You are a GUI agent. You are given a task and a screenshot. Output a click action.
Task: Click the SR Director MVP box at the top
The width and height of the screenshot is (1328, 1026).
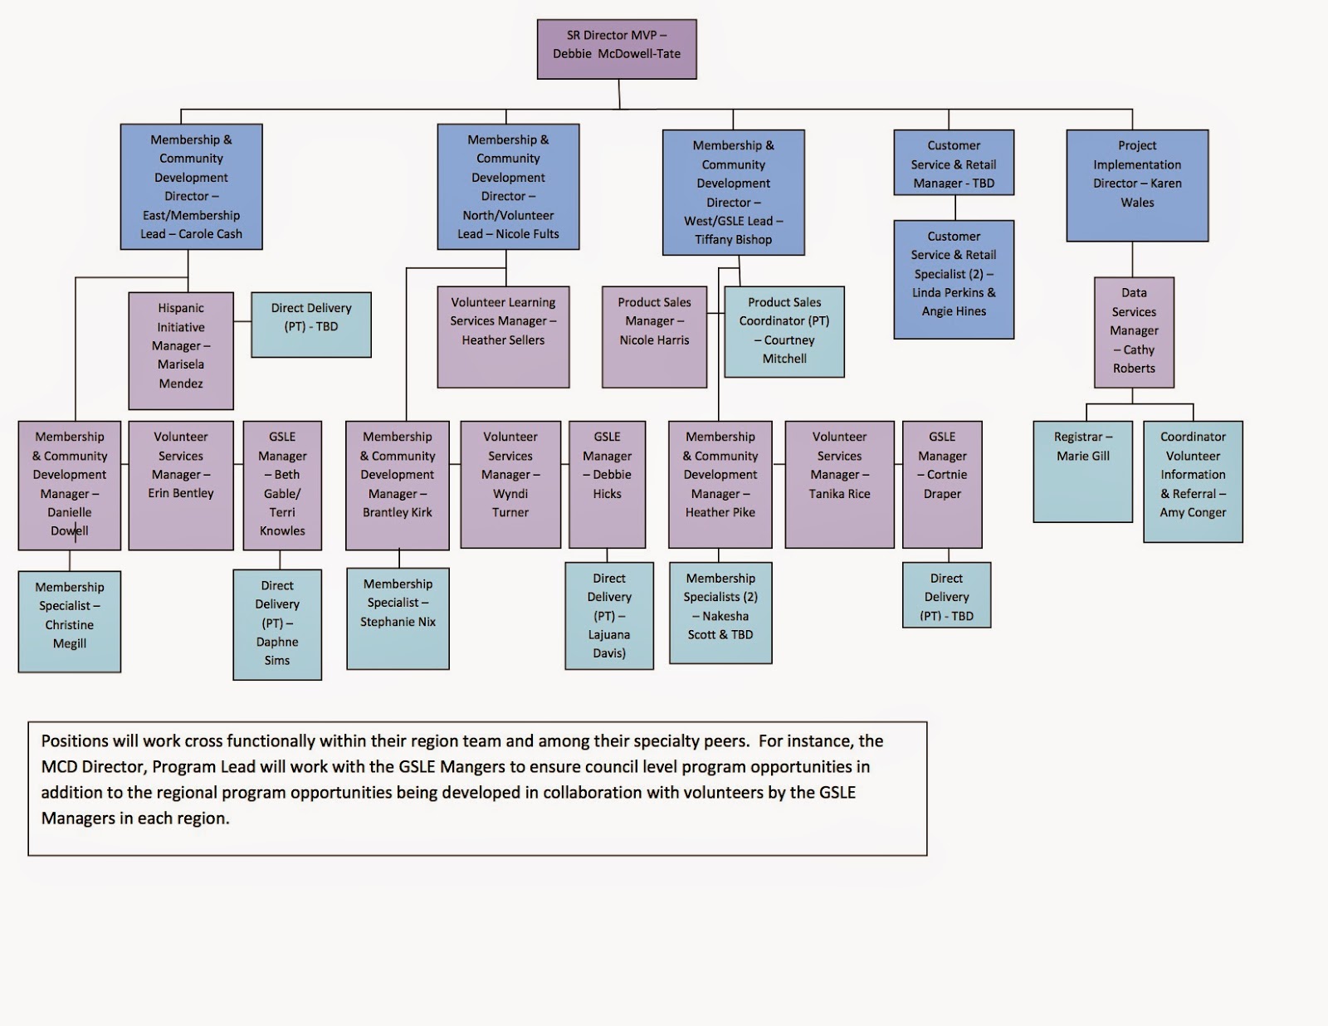pyautogui.click(x=617, y=49)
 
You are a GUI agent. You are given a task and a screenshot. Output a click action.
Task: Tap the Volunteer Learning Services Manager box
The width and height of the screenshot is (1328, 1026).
pyautogui.click(x=503, y=337)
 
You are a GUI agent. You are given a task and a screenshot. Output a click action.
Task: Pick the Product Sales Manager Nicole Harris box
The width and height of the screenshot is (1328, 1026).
pyautogui.click(x=654, y=337)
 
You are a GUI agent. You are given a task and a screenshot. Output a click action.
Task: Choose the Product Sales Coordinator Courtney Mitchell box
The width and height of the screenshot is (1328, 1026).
pyautogui.click(x=784, y=331)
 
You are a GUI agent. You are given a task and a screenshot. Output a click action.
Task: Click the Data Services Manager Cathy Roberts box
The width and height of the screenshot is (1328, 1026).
pyautogui.click(x=1134, y=332)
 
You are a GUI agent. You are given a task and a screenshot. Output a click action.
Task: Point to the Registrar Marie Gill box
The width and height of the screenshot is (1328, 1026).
pyautogui.click(x=1082, y=471)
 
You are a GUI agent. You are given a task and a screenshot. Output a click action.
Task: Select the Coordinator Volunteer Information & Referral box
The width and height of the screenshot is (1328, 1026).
pyautogui.click(x=1193, y=481)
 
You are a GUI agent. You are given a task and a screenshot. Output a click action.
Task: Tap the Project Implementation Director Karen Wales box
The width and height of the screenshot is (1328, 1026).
pyautogui.click(x=1137, y=185)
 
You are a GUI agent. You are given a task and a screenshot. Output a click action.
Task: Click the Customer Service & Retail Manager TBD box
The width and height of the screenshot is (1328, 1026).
pyautogui.click(x=954, y=163)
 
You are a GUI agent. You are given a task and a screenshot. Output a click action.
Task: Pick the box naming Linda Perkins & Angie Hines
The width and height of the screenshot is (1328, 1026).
pyautogui.click(x=954, y=280)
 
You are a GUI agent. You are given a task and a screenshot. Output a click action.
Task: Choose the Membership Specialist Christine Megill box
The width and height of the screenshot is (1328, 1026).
pyautogui.click(x=70, y=621)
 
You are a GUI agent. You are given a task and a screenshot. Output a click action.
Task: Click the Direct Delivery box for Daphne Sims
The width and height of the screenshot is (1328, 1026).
pyautogui.click(x=277, y=624)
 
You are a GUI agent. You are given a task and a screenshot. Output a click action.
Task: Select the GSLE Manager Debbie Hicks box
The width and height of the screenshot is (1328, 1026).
pyautogui.click(x=607, y=484)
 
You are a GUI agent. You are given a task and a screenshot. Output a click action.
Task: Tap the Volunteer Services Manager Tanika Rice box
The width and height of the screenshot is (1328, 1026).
pyautogui.click(x=839, y=484)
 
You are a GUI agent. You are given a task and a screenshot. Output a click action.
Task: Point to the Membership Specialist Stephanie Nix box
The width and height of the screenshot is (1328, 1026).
pyautogui.click(x=398, y=618)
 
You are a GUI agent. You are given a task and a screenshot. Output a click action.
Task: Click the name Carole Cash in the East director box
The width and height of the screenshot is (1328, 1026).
pyautogui.click(x=211, y=234)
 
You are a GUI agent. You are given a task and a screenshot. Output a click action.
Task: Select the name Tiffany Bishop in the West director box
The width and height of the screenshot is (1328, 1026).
pyautogui.click(x=734, y=240)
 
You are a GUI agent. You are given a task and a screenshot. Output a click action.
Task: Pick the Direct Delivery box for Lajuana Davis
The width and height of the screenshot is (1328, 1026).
pyautogui.click(x=609, y=616)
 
